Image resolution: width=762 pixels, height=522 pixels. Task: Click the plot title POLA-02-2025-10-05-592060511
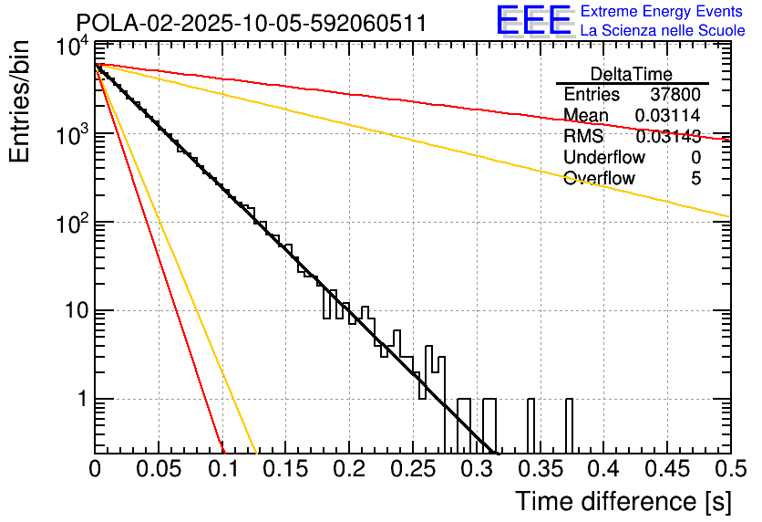coord(251,24)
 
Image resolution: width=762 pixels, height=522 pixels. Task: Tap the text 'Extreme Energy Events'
coord(662,12)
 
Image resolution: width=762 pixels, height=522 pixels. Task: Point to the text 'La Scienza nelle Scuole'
coord(662,30)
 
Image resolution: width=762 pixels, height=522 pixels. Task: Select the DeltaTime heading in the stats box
coord(631,74)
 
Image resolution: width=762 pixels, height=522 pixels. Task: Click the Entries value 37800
coord(675,94)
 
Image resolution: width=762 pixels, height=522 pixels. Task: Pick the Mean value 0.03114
coord(668,115)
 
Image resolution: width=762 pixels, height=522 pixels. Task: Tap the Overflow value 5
coord(695,179)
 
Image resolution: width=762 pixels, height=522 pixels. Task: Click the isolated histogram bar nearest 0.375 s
coord(570,425)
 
